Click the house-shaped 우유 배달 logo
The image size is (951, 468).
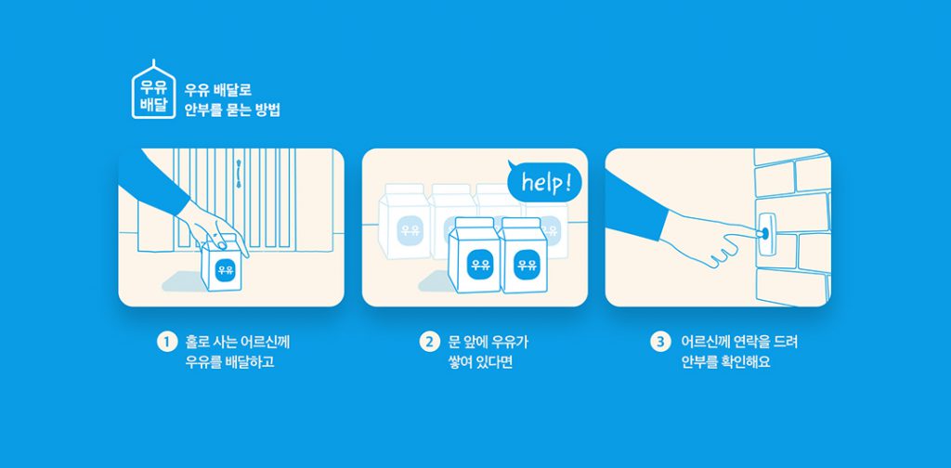coord(153,90)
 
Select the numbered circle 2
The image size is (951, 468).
coord(429,342)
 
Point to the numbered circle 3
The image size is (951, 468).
coord(660,342)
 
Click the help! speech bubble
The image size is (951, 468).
coord(544,182)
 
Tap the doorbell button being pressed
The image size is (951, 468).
coord(764,232)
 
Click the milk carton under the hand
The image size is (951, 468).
coord(223,266)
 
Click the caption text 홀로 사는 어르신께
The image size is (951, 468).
coord(237,342)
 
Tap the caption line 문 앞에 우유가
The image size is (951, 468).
coord(489,342)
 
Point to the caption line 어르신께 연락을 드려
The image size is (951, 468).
coord(738,342)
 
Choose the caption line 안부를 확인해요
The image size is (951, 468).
coord(725,364)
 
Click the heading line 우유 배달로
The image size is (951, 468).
coord(217,90)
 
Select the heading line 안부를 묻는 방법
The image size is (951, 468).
coord(232,110)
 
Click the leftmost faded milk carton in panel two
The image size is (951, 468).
coord(404,221)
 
